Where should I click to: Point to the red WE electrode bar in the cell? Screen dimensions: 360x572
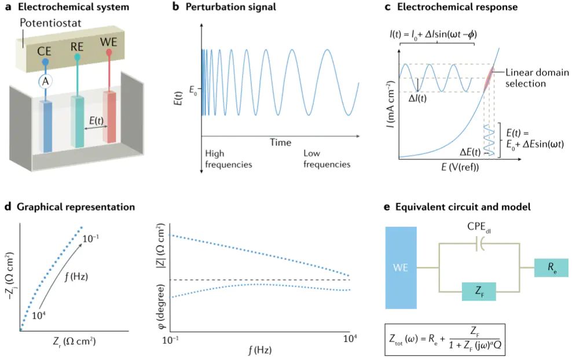(109, 116)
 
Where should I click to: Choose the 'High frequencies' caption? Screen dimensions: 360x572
(229, 159)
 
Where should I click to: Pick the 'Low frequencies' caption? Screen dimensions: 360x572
(327, 159)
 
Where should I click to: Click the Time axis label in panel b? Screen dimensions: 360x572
(280, 142)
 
